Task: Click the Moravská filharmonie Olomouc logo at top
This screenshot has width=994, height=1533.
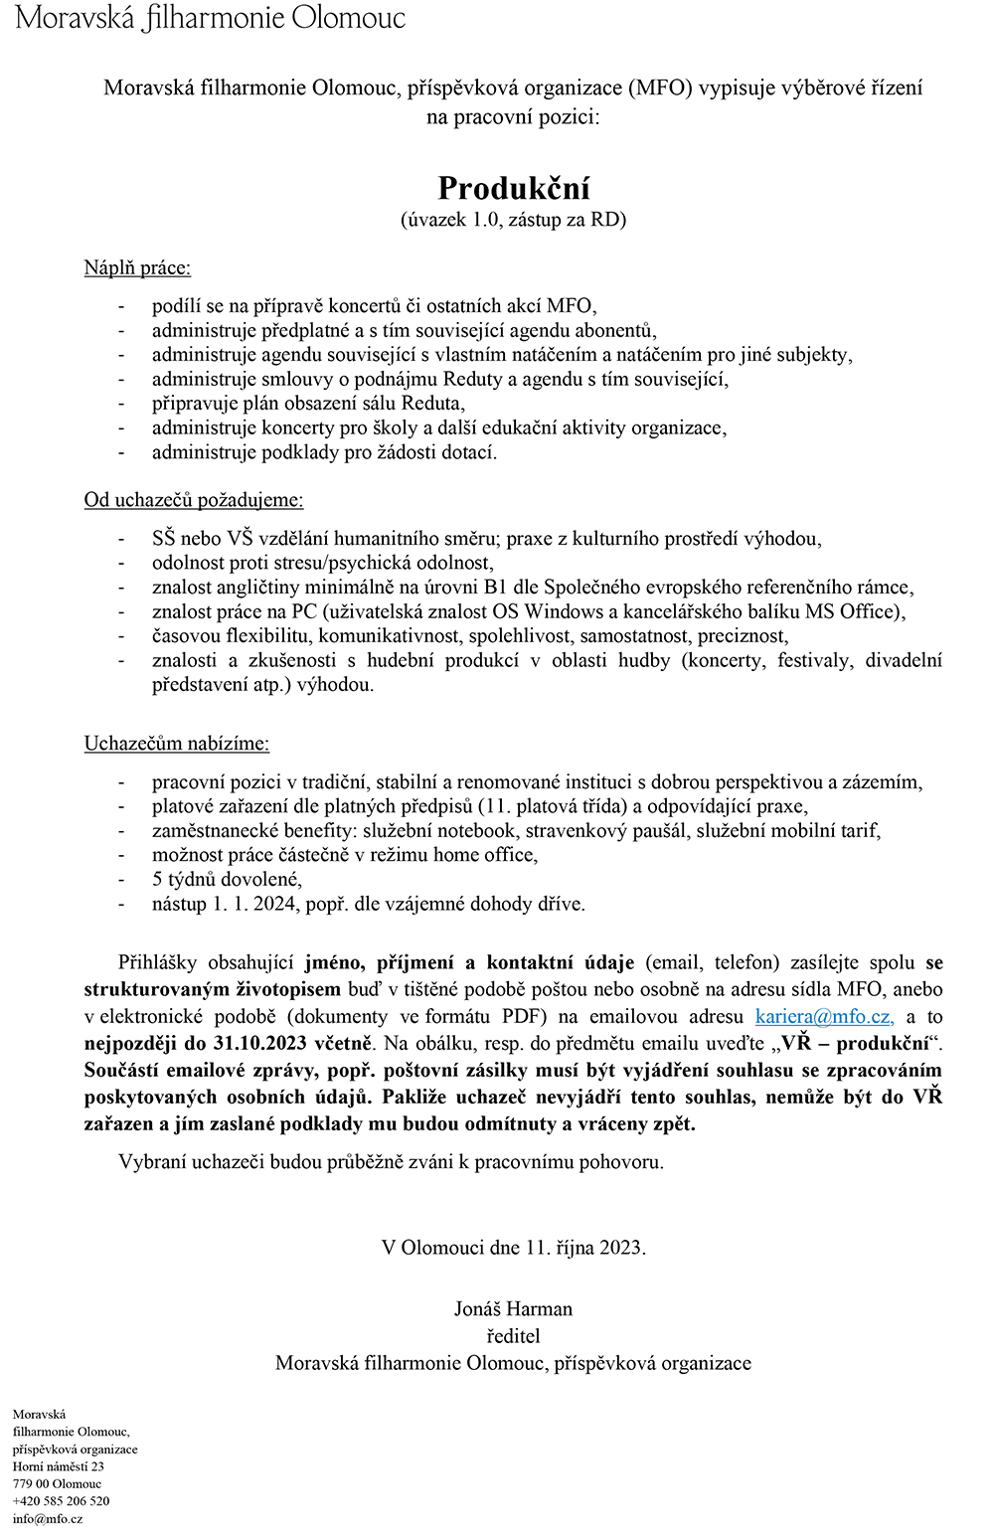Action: [x=211, y=18]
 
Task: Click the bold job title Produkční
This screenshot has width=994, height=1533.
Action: [x=514, y=188]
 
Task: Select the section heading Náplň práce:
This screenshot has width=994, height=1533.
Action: [x=137, y=267]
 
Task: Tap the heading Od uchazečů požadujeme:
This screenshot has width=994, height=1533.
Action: [x=194, y=499]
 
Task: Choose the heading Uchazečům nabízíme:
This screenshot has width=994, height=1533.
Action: [x=177, y=743]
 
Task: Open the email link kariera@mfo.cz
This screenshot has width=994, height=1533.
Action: [x=824, y=1016]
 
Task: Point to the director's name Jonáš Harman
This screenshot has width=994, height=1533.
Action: [x=513, y=1308]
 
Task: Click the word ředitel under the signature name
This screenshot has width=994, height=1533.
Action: [x=513, y=1335]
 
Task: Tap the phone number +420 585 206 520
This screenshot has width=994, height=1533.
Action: [x=61, y=1501]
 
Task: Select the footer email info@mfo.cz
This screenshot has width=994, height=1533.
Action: [x=48, y=1518]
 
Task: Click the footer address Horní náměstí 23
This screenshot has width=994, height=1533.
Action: [x=59, y=1466]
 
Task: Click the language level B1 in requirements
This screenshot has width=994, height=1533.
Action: [x=495, y=587]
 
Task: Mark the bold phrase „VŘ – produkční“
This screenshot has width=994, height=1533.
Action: [x=856, y=1043]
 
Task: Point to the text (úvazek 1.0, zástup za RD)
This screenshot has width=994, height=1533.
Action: [x=513, y=220]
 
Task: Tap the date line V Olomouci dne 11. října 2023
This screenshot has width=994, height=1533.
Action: [x=513, y=1247]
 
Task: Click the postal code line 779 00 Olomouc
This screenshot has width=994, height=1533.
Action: [x=57, y=1483]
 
